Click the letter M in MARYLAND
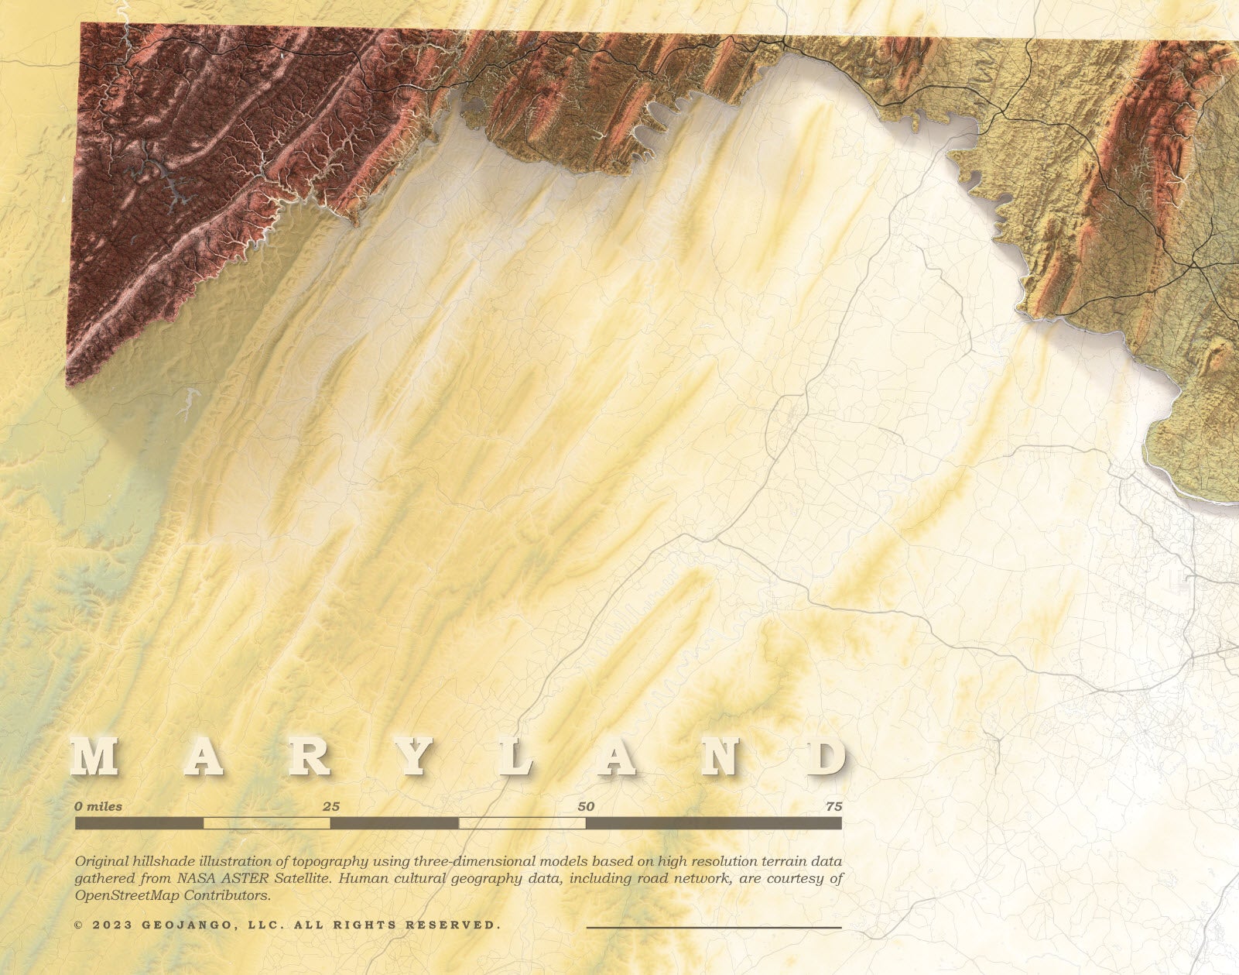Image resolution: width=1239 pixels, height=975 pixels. [95, 757]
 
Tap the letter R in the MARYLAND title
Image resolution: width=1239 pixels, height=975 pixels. [310, 757]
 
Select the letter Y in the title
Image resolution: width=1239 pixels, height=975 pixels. [414, 757]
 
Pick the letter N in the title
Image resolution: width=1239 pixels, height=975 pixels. [720, 757]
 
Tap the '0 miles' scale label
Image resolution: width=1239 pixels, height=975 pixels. [98, 806]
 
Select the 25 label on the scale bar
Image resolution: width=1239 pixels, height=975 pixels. [330, 806]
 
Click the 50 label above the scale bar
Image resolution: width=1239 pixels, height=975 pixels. [586, 806]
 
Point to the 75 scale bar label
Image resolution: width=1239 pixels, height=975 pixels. [833, 806]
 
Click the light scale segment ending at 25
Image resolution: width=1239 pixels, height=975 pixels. [267, 823]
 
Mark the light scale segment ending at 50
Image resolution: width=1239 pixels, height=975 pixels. [522, 823]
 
